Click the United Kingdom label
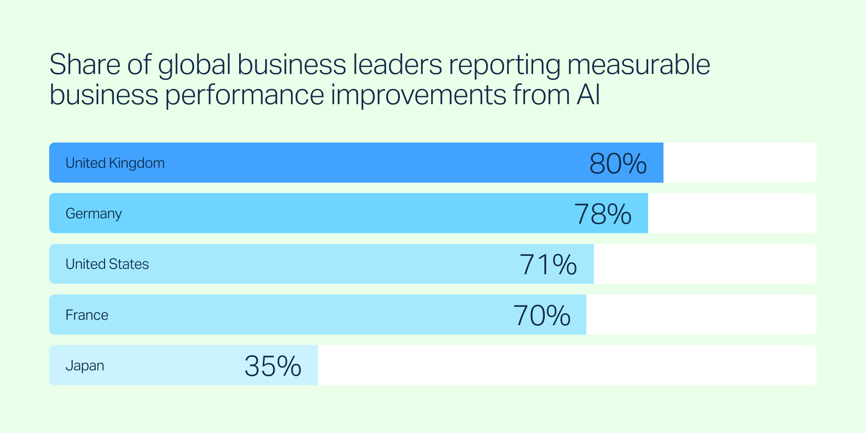[115, 163]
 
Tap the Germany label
[93, 213]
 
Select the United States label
[107, 264]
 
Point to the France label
[87, 315]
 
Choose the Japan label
[85, 365]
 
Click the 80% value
[618, 163]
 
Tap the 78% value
[603, 214]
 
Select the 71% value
[548, 264]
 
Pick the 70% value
[542, 315]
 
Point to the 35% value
[273, 366]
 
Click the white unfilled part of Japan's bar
[567, 365]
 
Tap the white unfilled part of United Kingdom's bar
[740, 163]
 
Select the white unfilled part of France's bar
[701, 314]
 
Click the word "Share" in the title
[85, 64]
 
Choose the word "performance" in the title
[245, 96]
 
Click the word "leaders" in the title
[397, 64]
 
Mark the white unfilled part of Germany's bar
[732, 213]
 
